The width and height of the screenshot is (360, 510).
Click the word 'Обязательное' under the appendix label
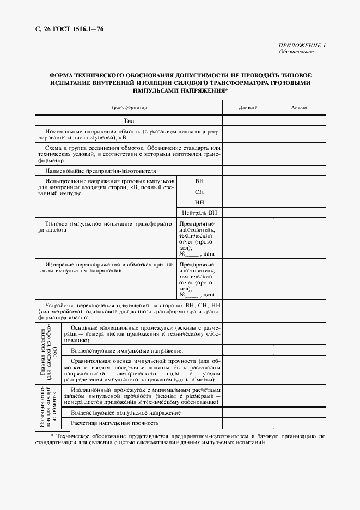(296, 52)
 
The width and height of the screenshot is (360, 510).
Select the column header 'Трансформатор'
(129, 108)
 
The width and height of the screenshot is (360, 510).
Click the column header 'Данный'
(248, 108)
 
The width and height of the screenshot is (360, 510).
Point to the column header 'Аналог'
(300, 108)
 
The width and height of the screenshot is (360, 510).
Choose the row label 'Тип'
(129, 120)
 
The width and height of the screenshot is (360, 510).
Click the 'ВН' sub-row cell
(199, 181)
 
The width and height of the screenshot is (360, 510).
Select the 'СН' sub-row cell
(199, 192)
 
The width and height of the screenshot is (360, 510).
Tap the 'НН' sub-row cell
(199, 202)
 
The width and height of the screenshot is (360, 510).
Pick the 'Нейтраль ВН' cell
(199, 212)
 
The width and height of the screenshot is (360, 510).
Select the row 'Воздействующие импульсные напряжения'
(127, 350)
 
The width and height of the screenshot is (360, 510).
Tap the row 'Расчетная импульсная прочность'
(115, 423)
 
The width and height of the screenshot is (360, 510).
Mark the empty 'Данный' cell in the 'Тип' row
(248, 120)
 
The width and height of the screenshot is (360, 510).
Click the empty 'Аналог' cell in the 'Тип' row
(300, 120)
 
